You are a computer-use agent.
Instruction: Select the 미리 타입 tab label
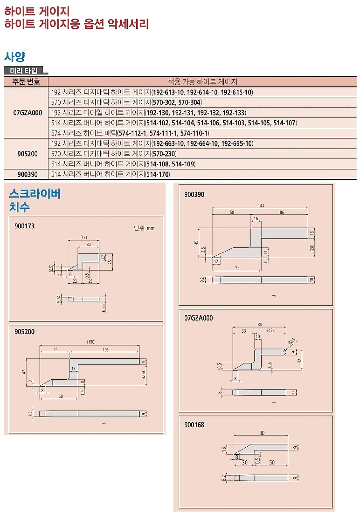pyautogui.click(x=26, y=71)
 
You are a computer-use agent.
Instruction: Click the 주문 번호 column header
pyautogui.click(x=26, y=82)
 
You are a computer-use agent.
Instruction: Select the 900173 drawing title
pyautogui.click(x=24, y=226)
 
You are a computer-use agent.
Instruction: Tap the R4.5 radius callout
pyautogui.click(x=292, y=344)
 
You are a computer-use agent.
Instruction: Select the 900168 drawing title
pyautogui.click(x=194, y=425)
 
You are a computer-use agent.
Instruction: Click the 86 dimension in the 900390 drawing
pyautogui.click(x=282, y=212)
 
